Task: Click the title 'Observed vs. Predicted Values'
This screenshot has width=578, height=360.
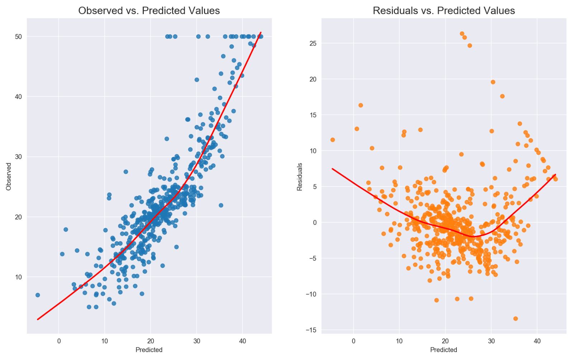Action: [x=149, y=11]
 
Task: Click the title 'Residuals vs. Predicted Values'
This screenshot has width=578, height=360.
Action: [x=444, y=11]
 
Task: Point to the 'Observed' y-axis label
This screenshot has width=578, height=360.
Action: [x=9, y=176]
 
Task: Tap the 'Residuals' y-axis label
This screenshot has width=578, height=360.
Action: [x=300, y=177]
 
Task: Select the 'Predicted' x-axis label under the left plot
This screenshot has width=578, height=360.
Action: [x=149, y=350]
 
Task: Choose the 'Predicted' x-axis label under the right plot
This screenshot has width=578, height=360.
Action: [x=444, y=350]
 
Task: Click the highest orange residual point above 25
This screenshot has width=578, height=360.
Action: [x=462, y=34]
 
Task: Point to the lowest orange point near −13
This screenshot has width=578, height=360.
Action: [x=516, y=318]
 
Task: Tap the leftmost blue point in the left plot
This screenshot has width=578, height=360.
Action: [x=38, y=295]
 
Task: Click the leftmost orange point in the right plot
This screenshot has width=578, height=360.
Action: [x=332, y=140]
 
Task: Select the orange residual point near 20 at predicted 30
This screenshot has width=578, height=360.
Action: [x=493, y=82]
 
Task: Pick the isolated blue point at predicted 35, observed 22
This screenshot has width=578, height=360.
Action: [x=221, y=205]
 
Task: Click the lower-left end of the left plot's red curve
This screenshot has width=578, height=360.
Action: [x=38, y=319]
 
